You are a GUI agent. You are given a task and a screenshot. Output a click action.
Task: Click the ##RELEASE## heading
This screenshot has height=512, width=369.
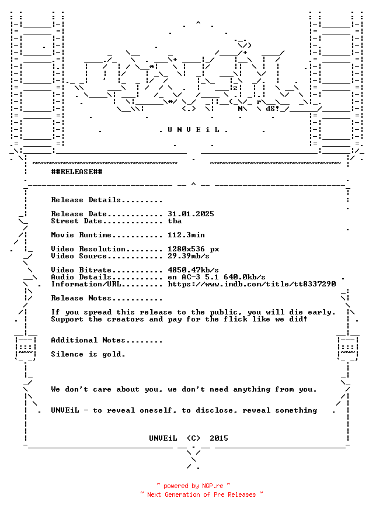[x=76, y=172]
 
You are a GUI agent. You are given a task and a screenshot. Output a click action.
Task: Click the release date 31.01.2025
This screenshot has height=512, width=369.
[x=191, y=214]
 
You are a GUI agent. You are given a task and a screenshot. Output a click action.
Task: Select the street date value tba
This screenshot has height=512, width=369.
[x=175, y=221]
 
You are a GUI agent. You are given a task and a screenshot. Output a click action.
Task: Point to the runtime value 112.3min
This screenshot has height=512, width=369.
[x=186, y=235]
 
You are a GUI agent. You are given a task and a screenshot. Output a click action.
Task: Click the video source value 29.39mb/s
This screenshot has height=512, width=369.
[x=189, y=256]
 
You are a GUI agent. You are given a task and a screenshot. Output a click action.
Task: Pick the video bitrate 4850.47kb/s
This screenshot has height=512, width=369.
[x=193, y=270]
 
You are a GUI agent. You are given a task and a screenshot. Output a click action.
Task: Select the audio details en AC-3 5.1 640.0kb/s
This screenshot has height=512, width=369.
[x=217, y=277]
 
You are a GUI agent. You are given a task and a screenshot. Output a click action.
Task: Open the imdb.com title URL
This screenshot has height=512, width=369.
[x=252, y=284]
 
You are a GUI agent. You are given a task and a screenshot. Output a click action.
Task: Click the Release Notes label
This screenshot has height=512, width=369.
[x=81, y=298]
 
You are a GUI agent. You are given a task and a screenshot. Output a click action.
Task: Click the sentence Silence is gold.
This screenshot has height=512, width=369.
[x=88, y=354]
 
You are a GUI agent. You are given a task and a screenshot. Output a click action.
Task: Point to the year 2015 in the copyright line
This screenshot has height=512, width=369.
[x=219, y=438]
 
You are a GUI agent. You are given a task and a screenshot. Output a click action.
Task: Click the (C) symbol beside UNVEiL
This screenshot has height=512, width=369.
[x=193, y=438]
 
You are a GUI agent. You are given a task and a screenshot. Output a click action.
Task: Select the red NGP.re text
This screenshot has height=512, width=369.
[x=213, y=486]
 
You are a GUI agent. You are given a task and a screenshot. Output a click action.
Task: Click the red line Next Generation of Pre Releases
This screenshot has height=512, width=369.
[x=201, y=494]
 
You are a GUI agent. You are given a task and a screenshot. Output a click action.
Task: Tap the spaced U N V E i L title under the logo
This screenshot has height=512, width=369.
[x=193, y=130]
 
